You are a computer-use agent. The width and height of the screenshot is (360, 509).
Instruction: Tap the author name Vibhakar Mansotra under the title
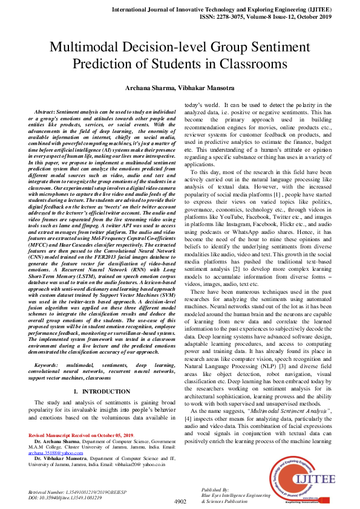point(206,88)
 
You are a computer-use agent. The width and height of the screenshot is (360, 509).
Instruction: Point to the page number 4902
point(180,501)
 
